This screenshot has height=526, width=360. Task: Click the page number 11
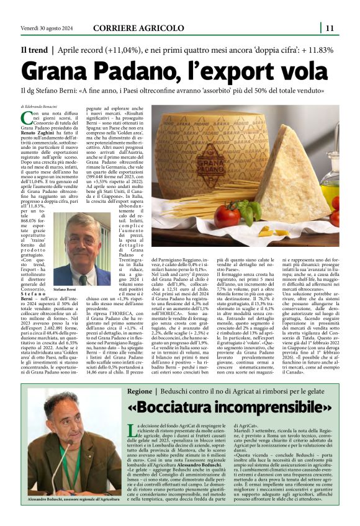coord(330,27)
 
